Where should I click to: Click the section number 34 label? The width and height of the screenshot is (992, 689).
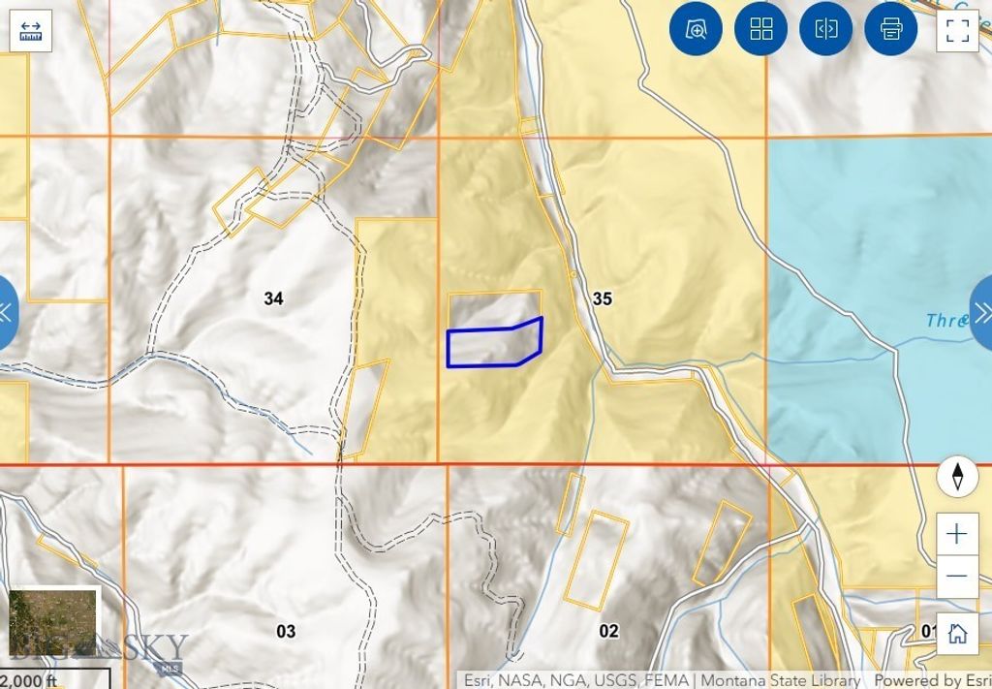point(273,298)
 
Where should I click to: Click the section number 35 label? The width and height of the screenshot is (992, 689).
point(602,298)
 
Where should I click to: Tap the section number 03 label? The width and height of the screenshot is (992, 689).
point(285,632)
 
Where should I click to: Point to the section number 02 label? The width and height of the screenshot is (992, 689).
point(608,632)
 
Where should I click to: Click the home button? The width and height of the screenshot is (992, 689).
point(957,634)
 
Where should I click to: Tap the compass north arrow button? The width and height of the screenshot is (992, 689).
point(957,477)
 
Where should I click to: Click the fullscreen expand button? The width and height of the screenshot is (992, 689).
point(957,29)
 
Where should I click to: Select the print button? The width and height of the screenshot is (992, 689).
point(890,29)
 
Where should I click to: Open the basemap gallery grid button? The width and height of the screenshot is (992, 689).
point(761,29)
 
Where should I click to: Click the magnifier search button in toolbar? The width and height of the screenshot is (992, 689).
point(697,29)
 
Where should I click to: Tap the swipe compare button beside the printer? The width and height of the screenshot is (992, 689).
point(825,29)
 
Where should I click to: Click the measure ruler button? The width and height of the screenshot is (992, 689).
point(29,29)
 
